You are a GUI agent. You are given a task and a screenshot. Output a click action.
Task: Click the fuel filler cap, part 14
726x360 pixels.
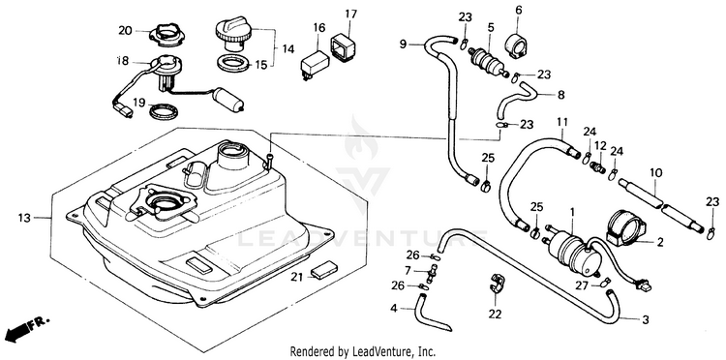233,32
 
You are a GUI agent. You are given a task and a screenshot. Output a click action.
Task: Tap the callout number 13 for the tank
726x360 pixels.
25,217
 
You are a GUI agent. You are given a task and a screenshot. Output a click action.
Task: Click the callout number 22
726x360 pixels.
495,315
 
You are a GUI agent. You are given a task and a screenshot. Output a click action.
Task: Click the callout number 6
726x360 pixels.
518,10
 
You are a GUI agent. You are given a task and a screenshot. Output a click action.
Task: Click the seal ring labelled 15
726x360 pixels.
234,64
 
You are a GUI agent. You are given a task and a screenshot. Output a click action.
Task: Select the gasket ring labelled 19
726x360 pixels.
162,111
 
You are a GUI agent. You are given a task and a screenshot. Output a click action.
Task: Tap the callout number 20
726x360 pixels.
125,31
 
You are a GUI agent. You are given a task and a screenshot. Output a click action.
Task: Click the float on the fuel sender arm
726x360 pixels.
228,99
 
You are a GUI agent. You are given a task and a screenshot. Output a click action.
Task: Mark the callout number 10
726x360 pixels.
655,173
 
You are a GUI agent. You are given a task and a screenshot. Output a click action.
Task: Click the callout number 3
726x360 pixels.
645,319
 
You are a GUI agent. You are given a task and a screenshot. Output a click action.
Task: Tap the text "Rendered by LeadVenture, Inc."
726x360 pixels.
363,350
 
